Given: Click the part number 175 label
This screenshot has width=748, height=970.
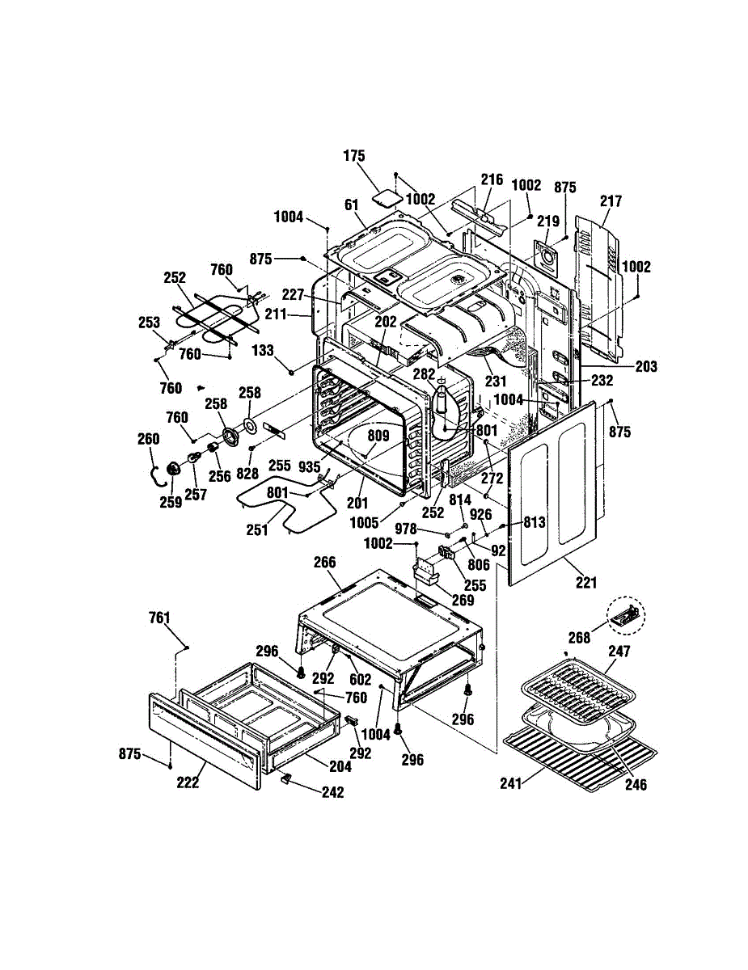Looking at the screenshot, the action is tap(354, 156).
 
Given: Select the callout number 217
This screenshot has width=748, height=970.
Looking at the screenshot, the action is tap(611, 201).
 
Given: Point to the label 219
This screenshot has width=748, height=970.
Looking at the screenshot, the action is tap(548, 221).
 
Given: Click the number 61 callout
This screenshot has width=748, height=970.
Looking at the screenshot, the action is tap(352, 205).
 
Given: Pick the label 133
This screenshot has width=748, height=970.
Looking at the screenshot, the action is tap(263, 351).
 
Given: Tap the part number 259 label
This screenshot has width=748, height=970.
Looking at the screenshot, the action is tap(171, 502).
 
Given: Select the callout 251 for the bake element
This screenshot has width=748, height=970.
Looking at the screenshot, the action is tap(257, 529).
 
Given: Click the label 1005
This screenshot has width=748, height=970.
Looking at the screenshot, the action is tap(365, 523).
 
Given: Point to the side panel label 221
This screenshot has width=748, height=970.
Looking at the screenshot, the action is tap(586, 583).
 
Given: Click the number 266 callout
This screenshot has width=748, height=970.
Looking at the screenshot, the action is tap(324, 562).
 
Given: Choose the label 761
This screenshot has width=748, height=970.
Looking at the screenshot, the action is tap(159, 618).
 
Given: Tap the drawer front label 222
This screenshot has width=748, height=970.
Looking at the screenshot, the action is tap(188, 782).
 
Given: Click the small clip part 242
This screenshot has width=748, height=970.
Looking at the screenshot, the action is tap(285, 778).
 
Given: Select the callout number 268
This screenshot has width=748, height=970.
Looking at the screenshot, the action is tap(579, 638).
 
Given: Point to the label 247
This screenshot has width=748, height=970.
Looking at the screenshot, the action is tap(619, 652).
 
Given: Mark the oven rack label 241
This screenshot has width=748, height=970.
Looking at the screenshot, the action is tap(511, 783).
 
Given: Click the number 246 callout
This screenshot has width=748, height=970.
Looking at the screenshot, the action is tap(636, 784).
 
